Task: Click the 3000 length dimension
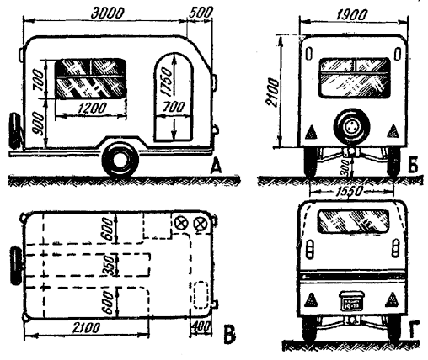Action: pyautogui.click(x=107, y=13)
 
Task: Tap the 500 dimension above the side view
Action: pyautogui.click(x=201, y=13)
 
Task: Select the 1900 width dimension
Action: pyautogui.click(x=351, y=15)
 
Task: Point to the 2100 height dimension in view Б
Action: pyautogui.click(x=272, y=93)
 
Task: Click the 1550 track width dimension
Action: pyautogui.click(x=348, y=192)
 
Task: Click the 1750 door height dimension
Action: pyautogui.click(x=167, y=82)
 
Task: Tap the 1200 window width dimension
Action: pyautogui.click(x=92, y=108)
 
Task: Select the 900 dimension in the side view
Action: pyautogui.click(x=38, y=124)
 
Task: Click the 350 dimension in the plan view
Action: pyautogui.click(x=109, y=265)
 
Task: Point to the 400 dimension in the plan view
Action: pyautogui.click(x=201, y=327)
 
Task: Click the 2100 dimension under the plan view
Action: pyautogui.click(x=86, y=328)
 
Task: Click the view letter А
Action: pyautogui.click(x=216, y=167)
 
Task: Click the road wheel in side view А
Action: pyautogui.click(x=120, y=160)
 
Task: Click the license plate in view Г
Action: pyautogui.click(x=352, y=301)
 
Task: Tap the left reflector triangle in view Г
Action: pyautogui.click(x=310, y=300)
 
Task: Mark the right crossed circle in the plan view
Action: pyautogui.click(x=201, y=224)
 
